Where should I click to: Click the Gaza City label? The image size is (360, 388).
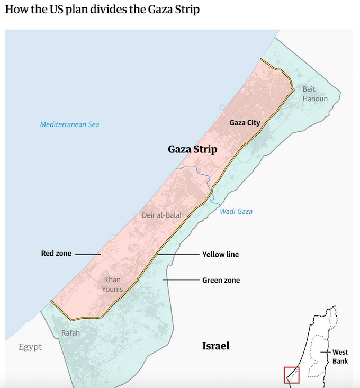click(x=245, y=123)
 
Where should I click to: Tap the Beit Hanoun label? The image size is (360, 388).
click(x=315, y=94)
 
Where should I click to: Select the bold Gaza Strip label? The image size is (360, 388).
click(x=192, y=149)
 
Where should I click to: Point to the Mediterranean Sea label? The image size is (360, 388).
click(x=69, y=124)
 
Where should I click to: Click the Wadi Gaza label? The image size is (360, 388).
click(x=236, y=211)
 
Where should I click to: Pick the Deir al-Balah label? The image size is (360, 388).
click(x=163, y=215)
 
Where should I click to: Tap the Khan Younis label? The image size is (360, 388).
click(x=112, y=284)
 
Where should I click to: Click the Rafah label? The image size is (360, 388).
click(x=70, y=333)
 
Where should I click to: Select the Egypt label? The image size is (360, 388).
click(x=30, y=347)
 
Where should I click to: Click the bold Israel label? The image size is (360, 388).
click(x=215, y=346)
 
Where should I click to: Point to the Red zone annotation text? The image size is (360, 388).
click(x=56, y=254)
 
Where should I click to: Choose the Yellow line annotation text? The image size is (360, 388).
click(x=220, y=255)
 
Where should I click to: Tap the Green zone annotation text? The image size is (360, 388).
click(x=221, y=280)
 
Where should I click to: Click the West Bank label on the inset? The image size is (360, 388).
click(x=340, y=356)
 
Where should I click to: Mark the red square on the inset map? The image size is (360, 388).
click(x=292, y=375)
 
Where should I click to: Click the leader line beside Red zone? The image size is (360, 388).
click(x=87, y=254)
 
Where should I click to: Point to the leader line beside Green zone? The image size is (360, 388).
click(x=181, y=279)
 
